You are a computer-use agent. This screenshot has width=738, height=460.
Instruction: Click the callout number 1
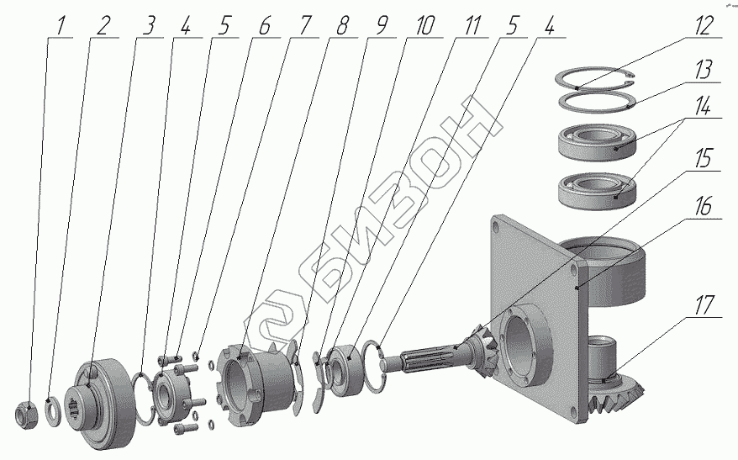[x=60, y=25]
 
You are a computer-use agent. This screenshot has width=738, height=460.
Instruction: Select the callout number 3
[x=150, y=25]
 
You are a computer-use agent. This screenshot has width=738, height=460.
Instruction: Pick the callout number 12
[x=704, y=25]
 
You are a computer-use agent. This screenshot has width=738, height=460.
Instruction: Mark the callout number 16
[x=704, y=206]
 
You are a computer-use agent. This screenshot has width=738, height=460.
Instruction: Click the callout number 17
[x=704, y=305]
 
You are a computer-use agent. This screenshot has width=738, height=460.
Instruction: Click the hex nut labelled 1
[x=26, y=415]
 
